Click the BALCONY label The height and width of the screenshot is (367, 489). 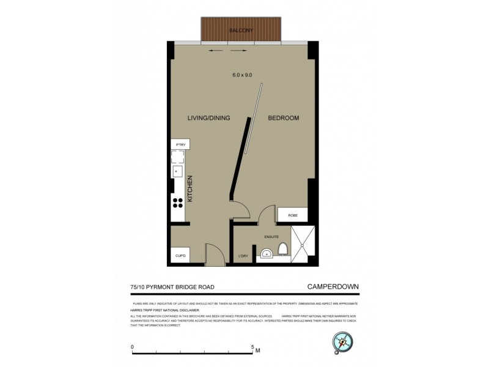(241, 30)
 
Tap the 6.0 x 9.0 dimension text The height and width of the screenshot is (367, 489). (242, 75)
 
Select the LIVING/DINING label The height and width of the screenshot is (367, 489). (208, 118)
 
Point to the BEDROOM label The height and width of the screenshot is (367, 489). (284, 118)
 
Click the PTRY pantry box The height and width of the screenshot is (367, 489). (180, 144)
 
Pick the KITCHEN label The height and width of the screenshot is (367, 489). (190, 189)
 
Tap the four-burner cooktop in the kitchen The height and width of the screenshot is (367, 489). (178, 203)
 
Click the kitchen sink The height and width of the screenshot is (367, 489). (177, 172)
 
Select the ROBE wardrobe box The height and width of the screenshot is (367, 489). (292, 215)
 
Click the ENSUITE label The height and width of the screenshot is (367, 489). (271, 236)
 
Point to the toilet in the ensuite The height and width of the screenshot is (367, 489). (283, 249)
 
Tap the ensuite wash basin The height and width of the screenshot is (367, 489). (266, 253)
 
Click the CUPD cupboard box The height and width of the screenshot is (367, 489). (180, 255)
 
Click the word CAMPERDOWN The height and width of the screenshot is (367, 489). (332, 286)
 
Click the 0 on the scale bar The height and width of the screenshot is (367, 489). (133, 347)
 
